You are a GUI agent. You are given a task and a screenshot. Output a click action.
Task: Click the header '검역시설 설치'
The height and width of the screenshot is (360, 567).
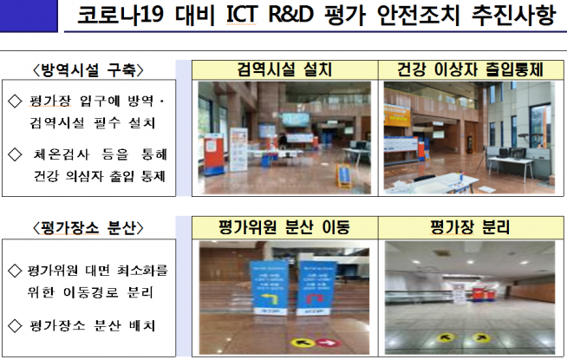pos(284,69)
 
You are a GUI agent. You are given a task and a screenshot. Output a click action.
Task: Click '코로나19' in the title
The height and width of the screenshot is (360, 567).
pos(122,18)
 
